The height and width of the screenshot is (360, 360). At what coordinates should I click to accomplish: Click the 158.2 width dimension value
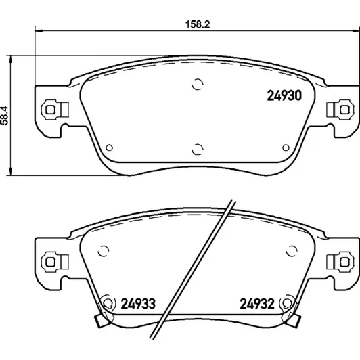click(x=198, y=24)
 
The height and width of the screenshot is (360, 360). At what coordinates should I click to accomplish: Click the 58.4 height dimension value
click(x=4, y=116)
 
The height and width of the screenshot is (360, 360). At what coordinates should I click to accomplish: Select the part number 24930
click(x=284, y=95)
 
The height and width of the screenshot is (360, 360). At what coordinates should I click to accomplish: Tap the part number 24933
click(x=138, y=304)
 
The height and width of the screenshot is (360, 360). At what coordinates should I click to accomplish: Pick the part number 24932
click(x=257, y=304)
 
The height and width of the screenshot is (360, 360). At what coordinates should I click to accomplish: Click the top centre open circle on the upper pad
click(x=198, y=85)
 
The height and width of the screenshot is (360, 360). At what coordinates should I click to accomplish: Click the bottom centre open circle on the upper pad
click(x=198, y=150)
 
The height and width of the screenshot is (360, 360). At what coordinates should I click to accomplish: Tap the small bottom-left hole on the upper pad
click(x=110, y=148)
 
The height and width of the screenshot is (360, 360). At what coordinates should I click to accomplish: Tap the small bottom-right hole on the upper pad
click(x=286, y=148)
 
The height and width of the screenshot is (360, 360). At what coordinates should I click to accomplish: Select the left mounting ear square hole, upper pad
click(x=50, y=110)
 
